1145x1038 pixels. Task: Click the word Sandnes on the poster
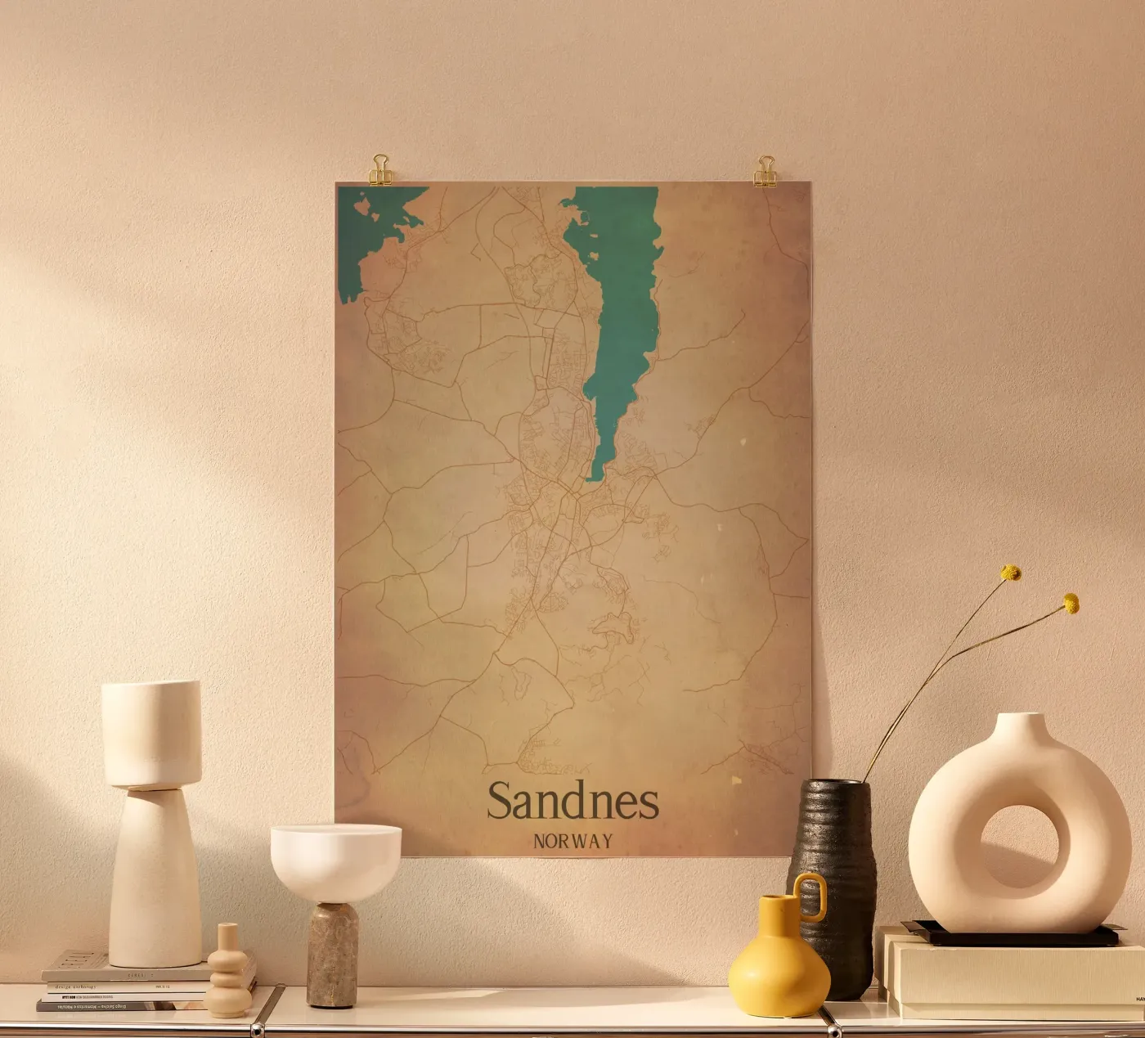[x=572, y=802]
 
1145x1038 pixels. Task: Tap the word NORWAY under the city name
[x=572, y=841]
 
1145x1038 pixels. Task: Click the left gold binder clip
[x=381, y=170]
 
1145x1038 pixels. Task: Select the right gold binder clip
[x=766, y=171]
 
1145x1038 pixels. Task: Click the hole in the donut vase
[x=1018, y=847]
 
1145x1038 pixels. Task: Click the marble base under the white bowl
[x=332, y=953]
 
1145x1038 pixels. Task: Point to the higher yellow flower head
[x=1012, y=573]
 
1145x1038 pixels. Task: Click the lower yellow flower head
[x=1071, y=604]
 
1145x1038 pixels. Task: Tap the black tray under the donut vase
[x=1014, y=934]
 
